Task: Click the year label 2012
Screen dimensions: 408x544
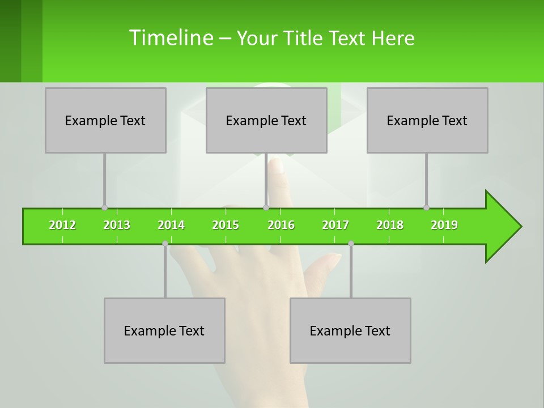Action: pyautogui.click(x=62, y=225)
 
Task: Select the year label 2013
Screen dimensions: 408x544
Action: pyautogui.click(x=117, y=225)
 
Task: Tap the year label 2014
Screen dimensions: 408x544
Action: pyautogui.click(x=171, y=225)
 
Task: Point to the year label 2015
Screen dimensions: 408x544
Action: pyautogui.click(x=226, y=225)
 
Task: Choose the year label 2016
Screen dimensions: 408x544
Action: pyautogui.click(x=281, y=225)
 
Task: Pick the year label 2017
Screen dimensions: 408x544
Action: pyautogui.click(x=335, y=225)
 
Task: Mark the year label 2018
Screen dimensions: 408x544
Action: pyautogui.click(x=390, y=225)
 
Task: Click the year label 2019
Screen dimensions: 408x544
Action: pyautogui.click(x=444, y=225)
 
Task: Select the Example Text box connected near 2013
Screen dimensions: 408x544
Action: pyautogui.click(x=105, y=120)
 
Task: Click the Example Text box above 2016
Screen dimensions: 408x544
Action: pyautogui.click(x=266, y=120)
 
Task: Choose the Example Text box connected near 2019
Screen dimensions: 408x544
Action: pyautogui.click(x=427, y=120)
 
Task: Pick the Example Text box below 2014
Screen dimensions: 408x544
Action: pyautogui.click(x=164, y=330)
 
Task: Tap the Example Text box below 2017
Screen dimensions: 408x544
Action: pyautogui.click(x=350, y=330)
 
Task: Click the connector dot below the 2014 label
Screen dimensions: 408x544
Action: pyautogui.click(x=165, y=243)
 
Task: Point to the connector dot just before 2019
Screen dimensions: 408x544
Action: pyautogui.click(x=426, y=207)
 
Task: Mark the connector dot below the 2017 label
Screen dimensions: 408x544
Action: pyautogui.click(x=351, y=243)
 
